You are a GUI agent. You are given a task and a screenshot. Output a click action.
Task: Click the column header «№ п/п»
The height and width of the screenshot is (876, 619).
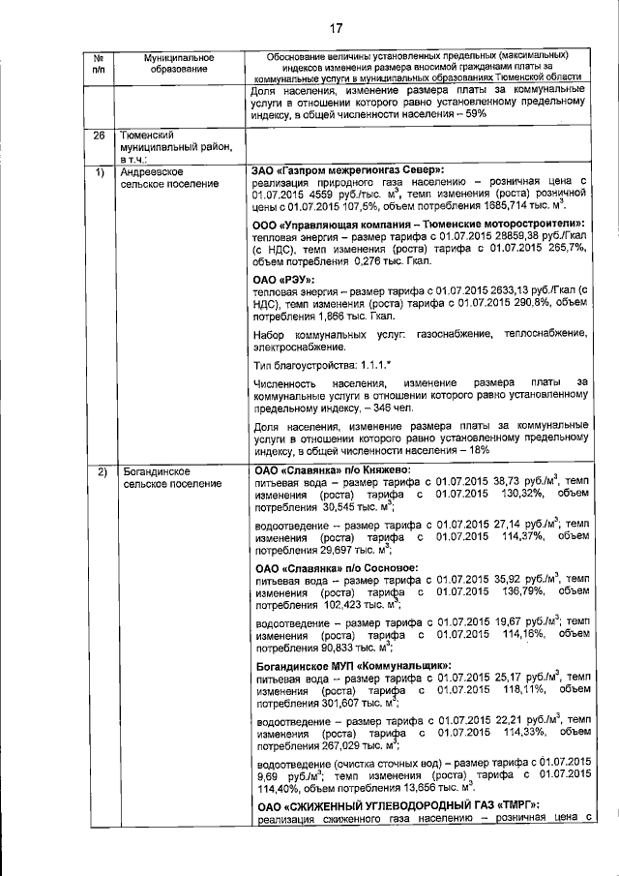(x=99, y=65)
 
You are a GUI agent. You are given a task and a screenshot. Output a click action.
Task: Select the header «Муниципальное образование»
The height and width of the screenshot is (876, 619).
(x=177, y=65)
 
